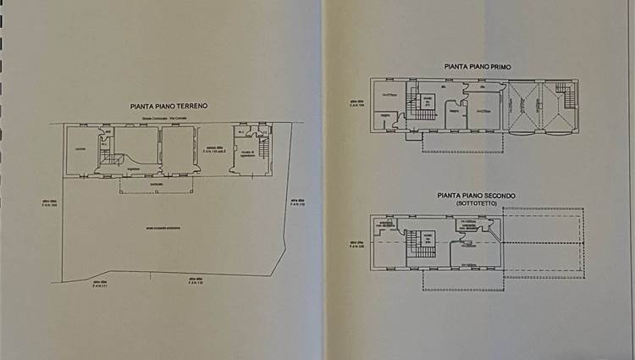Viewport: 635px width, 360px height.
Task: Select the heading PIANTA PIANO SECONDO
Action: (x=476, y=196)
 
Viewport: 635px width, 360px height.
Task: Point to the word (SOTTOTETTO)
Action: (x=477, y=204)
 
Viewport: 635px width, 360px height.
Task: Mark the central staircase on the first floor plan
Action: (x=417, y=105)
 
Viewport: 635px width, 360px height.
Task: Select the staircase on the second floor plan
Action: (x=416, y=242)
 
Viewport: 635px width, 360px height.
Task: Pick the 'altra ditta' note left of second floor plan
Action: (x=358, y=245)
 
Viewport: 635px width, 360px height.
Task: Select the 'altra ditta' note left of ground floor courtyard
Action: (x=48, y=202)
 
